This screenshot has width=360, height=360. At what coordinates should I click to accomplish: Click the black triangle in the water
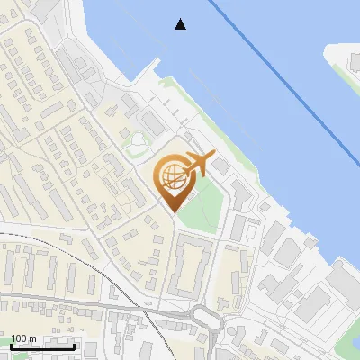[x=181, y=24]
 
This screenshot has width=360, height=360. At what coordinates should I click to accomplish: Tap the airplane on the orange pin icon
[x=197, y=164]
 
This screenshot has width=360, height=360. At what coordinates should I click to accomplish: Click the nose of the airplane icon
[x=212, y=156]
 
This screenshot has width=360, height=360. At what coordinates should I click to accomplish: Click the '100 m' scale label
[x=23, y=338]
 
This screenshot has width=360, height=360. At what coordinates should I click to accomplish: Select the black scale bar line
[x=42, y=346]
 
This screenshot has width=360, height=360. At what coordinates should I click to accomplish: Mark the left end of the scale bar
[x=11, y=346]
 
